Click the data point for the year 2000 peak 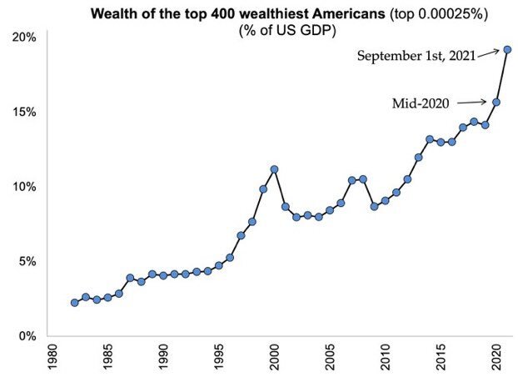pos(274,169)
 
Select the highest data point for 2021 pos(507,49)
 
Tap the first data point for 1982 pos(74,303)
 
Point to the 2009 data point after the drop pos(374,206)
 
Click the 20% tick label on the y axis pos(24,38)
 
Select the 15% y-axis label pos(24,112)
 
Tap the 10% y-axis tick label pos(24,187)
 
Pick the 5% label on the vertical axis pos(27,261)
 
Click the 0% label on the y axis pos(27,335)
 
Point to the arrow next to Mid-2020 pos(476,103)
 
